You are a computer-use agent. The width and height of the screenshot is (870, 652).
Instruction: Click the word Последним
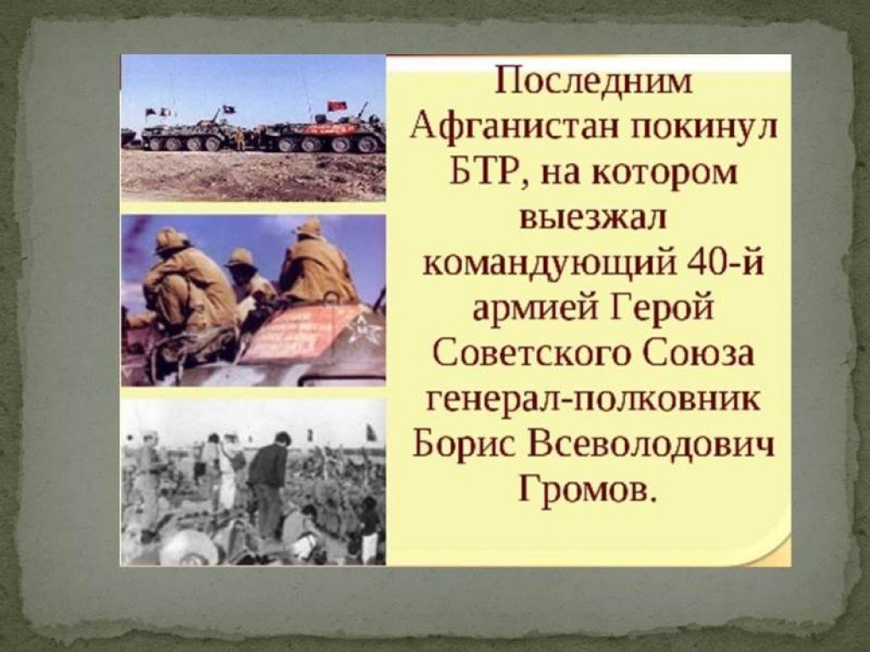[592, 82]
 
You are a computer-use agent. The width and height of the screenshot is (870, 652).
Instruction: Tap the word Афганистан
[516, 128]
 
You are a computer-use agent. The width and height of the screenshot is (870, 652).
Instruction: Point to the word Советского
[530, 354]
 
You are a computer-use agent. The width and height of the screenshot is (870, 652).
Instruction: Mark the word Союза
[699, 354]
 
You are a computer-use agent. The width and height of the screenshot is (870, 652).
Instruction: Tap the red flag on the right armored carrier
[336, 106]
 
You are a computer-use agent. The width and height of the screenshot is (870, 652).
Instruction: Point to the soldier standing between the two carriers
[240, 138]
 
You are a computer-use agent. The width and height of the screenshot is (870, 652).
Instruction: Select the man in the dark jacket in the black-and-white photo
[268, 483]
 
